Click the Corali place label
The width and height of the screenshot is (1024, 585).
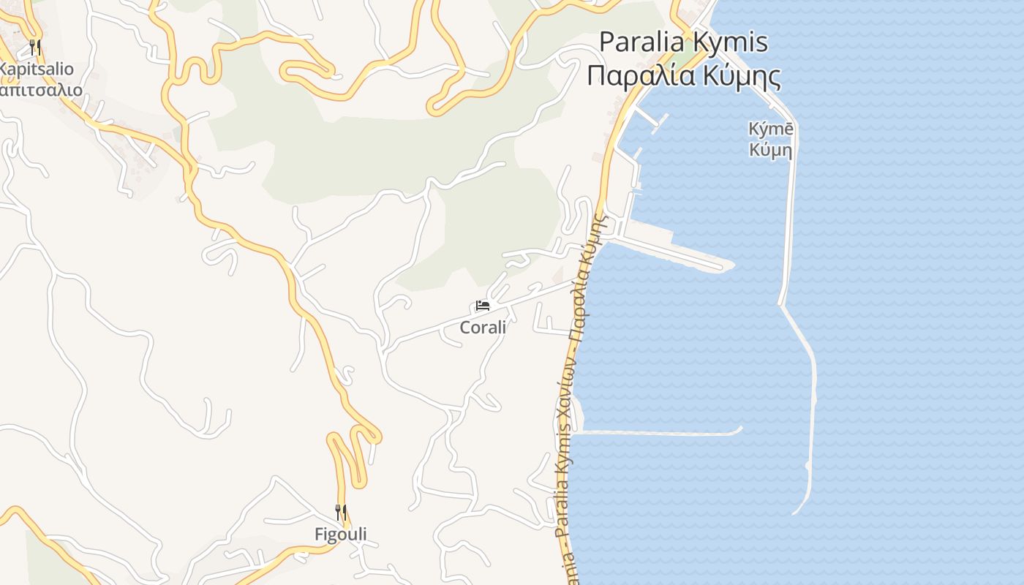tap(483, 327)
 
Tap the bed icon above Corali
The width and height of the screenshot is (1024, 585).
tap(483, 306)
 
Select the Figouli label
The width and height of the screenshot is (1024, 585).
tap(341, 535)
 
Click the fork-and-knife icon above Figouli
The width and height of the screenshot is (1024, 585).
tap(341, 512)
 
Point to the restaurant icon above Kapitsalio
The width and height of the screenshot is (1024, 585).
tap(35, 48)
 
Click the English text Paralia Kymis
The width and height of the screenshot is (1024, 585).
tap(684, 42)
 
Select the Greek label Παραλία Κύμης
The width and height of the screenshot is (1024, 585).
tap(684, 75)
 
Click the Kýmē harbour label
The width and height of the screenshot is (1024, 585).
tap(771, 129)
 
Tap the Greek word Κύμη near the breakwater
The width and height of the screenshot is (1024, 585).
tap(771, 151)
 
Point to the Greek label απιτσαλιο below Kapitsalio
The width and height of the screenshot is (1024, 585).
tap(40, 91)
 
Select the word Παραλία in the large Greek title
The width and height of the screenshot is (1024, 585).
tap(636, 75)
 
